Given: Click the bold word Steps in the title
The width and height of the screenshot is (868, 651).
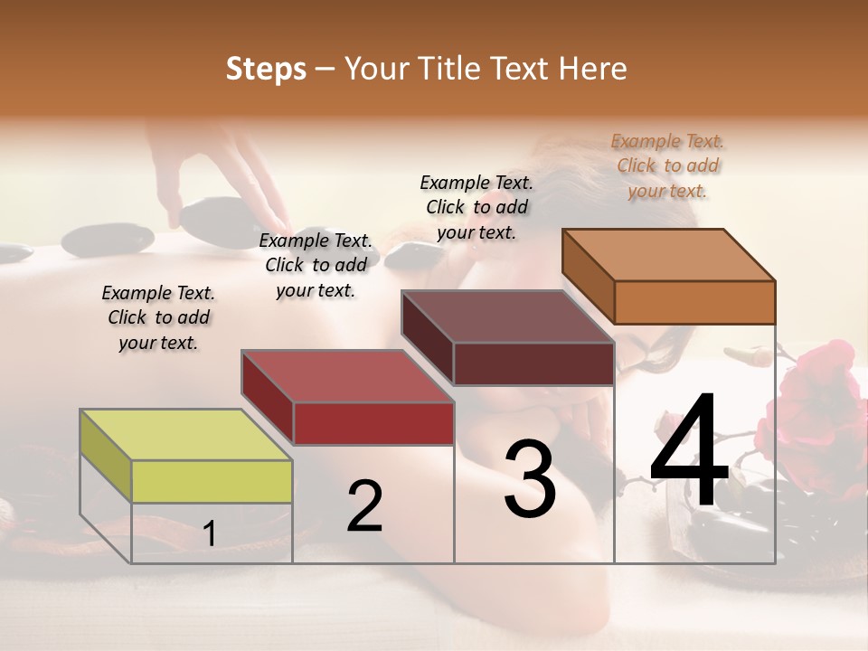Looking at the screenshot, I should click(x=266, y=69).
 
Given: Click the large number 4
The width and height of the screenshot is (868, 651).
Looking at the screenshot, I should click(x=689, y=452).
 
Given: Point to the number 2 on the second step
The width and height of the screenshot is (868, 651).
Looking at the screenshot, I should click(x=364, y=506).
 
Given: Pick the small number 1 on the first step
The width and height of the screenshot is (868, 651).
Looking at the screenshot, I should click(x=210, y=534).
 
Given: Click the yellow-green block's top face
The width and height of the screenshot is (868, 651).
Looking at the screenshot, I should click(x=185, y=435).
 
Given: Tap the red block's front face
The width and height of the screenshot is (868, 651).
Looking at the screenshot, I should click(x=373, y=423).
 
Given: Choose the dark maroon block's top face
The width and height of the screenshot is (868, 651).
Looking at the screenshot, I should click(x=507, y=316).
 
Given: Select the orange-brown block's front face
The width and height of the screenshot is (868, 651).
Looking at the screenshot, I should click(x=694, y=302).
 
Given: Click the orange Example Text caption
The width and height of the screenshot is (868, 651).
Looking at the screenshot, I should click(x=667, y=165).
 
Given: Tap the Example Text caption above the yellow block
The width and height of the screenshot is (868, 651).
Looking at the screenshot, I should click(x=158, y=317).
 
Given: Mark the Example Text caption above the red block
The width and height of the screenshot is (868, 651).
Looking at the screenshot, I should click(x=316, y=265).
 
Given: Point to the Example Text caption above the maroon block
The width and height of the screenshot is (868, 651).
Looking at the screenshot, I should click(x=476, y=207).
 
